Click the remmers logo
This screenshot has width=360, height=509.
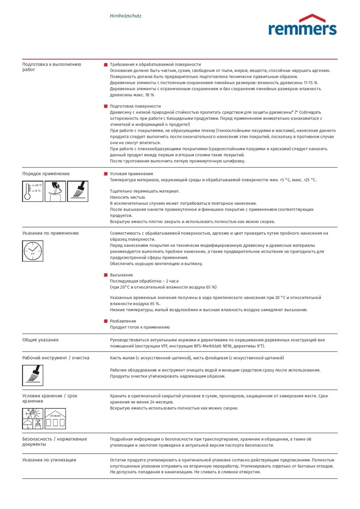(x=302, y=26)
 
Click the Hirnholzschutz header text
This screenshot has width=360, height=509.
(x=126, y=16)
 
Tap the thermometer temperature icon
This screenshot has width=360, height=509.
(x=33, y=191)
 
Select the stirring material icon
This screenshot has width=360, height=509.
(x=55, y=191)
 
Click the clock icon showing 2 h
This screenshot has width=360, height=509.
(x=33, y=251)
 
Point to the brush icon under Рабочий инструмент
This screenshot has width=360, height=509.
(x=33, y=375)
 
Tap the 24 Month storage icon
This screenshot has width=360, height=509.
(x=55, y=419)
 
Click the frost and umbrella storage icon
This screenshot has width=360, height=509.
(x=33, y=419)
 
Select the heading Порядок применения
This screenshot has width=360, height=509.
(x=46, y=174)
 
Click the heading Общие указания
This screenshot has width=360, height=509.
(x=40, y=340)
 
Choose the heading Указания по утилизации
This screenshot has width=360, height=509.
(x=49, y=460)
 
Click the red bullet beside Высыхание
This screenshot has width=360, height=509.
(x=106, y=275)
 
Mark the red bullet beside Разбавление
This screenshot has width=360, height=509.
(x=106, y=321)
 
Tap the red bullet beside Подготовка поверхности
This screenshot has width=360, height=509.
(x=106, y=106)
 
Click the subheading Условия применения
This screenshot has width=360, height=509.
(x=132, y=174)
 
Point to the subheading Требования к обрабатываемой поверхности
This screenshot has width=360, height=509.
(x=155, y=65)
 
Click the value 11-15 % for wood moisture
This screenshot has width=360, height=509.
(x=311, y=83)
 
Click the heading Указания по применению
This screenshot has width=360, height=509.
(x=51, y=233)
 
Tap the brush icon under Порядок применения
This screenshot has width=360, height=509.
(x=78, y=191)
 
